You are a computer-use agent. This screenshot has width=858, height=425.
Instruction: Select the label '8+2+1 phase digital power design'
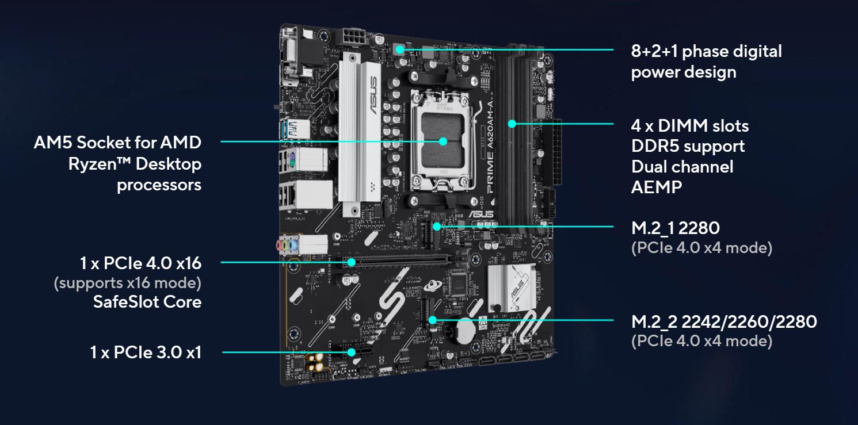706,62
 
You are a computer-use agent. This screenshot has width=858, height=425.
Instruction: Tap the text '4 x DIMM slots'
690,125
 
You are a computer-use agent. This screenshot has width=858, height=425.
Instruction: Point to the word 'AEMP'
657,187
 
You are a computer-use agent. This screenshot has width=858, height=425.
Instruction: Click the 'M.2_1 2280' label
676,228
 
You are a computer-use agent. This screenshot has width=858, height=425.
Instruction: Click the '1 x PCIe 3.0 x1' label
146,352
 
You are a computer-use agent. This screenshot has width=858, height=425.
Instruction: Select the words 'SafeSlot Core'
147,301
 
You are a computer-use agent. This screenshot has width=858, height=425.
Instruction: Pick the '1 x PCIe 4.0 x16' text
141,263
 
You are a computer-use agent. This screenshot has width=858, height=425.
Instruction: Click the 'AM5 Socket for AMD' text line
118,143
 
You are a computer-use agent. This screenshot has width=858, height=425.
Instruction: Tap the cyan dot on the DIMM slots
512,123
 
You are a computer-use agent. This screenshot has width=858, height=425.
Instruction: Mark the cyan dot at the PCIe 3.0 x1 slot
350,351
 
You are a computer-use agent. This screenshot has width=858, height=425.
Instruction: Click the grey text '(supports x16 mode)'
127,283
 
